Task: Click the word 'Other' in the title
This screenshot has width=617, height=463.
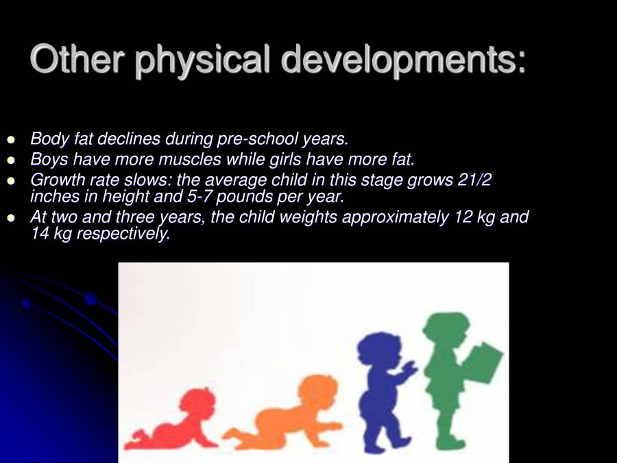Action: (76, 60)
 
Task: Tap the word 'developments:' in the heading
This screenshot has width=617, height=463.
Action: (404, 60)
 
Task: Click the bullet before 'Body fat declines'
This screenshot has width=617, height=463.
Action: (10, 140)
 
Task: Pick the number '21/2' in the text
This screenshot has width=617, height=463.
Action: (474, 180)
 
